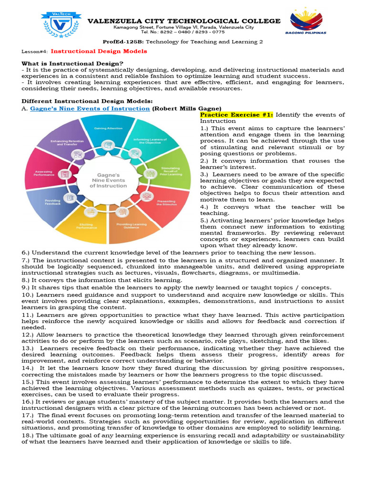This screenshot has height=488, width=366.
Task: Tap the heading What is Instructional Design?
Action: [72, 63]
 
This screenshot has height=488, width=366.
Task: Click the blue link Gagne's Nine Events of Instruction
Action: [90, 108]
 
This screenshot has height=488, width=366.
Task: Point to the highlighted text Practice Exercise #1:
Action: [236, 115]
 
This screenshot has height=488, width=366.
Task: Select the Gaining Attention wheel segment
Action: [107, 130]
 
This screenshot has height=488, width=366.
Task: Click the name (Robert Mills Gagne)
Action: [186, 108]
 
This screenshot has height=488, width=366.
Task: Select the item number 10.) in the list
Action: [28, 295]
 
